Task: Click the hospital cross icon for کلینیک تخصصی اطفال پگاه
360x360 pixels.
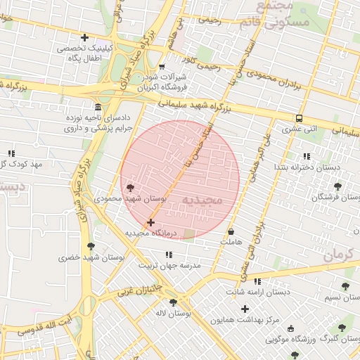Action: tap(85, 37)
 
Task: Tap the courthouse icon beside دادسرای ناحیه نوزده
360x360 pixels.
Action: tap(96, 108)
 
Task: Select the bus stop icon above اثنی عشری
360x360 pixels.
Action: tap(300, 118)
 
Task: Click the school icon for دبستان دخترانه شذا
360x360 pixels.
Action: tap(305, 156)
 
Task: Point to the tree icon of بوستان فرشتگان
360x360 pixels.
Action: tap(338, 186)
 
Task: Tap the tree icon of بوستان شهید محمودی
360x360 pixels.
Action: tap(130, 187)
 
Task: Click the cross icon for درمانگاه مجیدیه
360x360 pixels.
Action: tap(150, 222)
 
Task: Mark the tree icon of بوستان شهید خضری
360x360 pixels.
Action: tap(90, 246)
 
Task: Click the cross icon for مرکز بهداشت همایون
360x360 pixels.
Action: tap(245, 309)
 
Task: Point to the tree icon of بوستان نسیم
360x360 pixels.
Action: tap(345, 286)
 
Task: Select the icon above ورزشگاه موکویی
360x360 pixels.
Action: tap(292, 328)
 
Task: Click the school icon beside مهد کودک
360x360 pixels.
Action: tap(11, 153)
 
